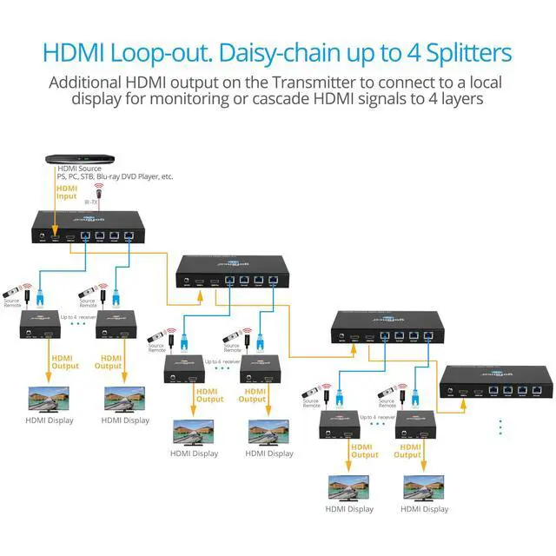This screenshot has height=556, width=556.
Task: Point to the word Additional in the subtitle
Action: point(88,83)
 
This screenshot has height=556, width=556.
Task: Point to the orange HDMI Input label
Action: point(67,192)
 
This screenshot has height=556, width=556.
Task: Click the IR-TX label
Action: point(91,202)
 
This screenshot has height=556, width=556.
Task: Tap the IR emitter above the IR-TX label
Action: point(97,188)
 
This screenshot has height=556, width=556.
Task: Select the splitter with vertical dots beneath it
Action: point(496,381)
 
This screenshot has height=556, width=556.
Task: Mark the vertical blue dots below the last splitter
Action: point(500,427)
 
